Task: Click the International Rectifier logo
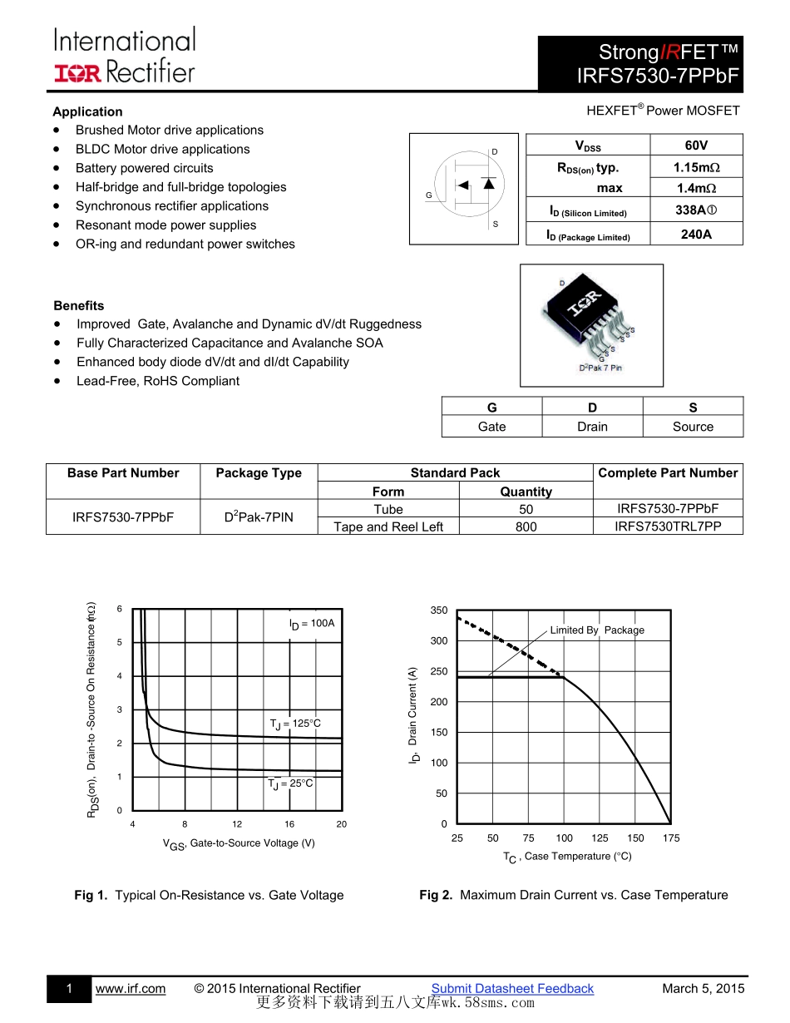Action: [x=125, y=55]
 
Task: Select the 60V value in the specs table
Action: [x=695, y=145]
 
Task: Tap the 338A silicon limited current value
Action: [x=695, y=211]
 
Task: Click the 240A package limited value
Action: [x=695, y=235]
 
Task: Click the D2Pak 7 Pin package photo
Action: [x=591, y=325]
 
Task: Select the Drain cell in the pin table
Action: [x=592, y=427]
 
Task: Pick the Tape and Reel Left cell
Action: [x=388, y=526]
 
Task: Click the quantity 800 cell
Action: [x=526, y=526]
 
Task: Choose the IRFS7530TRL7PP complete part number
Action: [x=668, y=526]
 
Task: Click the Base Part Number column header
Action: [x=123, y=473]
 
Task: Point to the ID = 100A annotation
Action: [x=311, y=624]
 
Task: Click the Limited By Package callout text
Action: [x=596, y=630]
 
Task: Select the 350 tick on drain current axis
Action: [x=439, y=610]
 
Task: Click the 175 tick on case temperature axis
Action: [x=671, y=838]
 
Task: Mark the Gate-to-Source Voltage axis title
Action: [x=239, y=844]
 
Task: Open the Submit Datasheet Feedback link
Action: [x=512, y=989]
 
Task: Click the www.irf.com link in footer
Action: [x=131, y=989]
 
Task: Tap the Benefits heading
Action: [x=79, y=306]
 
